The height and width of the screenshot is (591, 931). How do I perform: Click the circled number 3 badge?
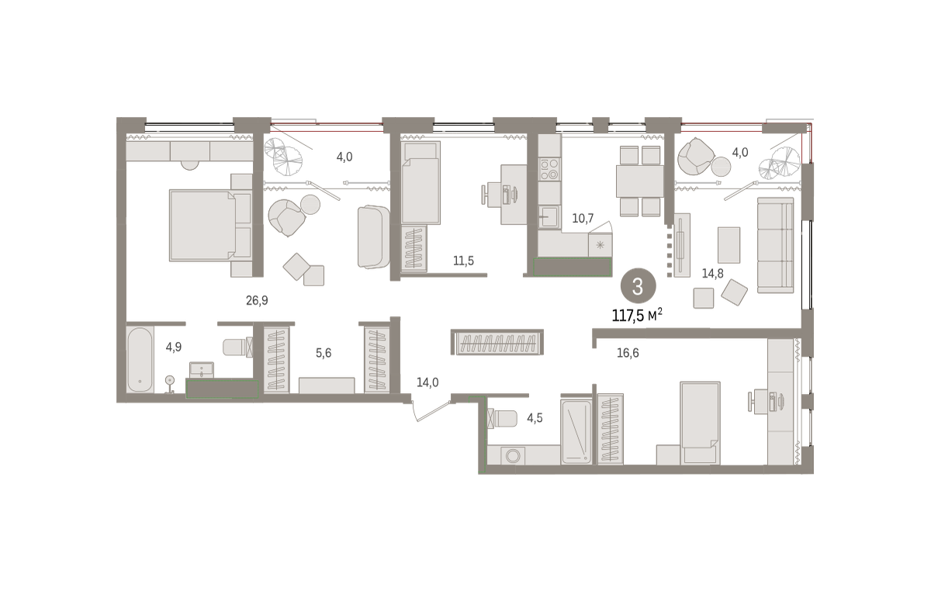pyautogui.click(x=638, y=287)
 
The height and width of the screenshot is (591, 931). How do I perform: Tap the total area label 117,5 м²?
pyautogui.click(x=637, y=316)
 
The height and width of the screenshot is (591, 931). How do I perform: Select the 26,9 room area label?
pyautogui.click(x=257, y=300)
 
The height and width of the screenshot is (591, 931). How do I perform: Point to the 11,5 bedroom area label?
pyautogui.click(x=463, y=261)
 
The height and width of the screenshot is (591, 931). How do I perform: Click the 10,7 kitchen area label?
pyautogui.click(x=583, y=218)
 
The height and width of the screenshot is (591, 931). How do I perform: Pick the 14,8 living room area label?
pyautogui.click(x=712, y=274)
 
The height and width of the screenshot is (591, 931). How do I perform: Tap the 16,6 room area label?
pyautogui.click(x=628, y=353)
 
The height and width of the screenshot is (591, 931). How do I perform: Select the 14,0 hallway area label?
pyautogui.click(x=427, y=382)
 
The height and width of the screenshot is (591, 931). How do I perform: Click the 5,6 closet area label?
pyautogui.click(x=324, y=353)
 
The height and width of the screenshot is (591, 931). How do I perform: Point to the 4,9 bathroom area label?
pyautogui.click(x=174, y=347)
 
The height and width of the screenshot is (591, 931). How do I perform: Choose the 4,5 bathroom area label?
pyautogui.click(x=535, y=418)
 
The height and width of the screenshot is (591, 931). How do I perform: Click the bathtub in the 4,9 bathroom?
pyautogui.click(x=140, y=360)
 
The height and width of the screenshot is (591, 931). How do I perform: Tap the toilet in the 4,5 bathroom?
pyautogui.click(x=502, y=419)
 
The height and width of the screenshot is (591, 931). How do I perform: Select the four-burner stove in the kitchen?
pyautogui.click(x=549, y=170)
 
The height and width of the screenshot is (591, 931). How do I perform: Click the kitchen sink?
pyautogui.click(x=549, y=217)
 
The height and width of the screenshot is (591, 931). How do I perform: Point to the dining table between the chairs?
pyautogui.click(x=639, y=181)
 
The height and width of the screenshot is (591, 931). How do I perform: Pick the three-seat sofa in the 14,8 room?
pyautogui.click(x=776, y=245)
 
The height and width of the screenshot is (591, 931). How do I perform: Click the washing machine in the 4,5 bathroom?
pyautogui.click(x=513, y=455)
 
